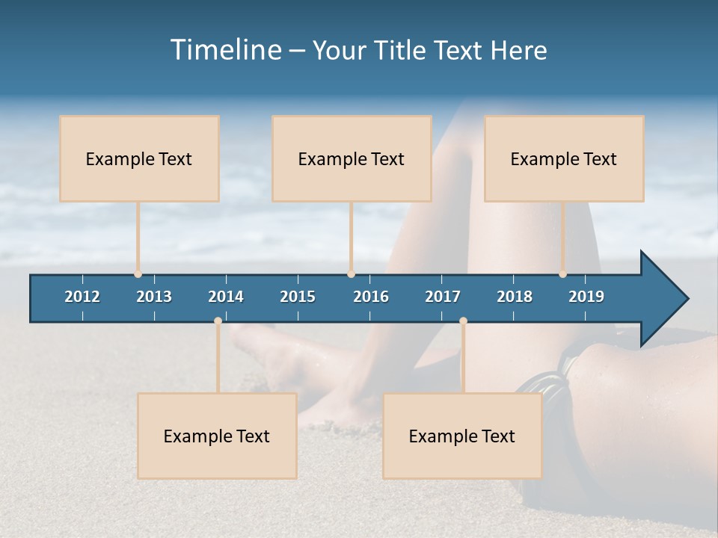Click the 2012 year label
click(x=82, y=297)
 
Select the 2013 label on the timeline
click(x=154, y=297)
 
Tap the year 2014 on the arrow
click(x=226, y=297)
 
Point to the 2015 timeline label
click(x=298, y=297)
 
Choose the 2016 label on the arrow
click(x=371, y=297)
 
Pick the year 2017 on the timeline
click(x=443, y=297)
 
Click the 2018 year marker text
click(x=515, y=297)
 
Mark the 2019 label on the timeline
click(x=586, y=297)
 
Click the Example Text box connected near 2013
click(x=139, y=158)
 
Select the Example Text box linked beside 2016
click(x=352, y=158)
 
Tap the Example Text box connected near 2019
click(x=564, y=158)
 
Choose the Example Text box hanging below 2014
click(x=217, y=436)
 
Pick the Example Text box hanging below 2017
click(x=462, y=436)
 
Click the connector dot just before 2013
click(x=138, y=274)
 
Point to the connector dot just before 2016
click(x=351, y=274)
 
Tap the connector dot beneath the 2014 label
click(x=218, y=321)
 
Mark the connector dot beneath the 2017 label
click(x=463, y=321)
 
